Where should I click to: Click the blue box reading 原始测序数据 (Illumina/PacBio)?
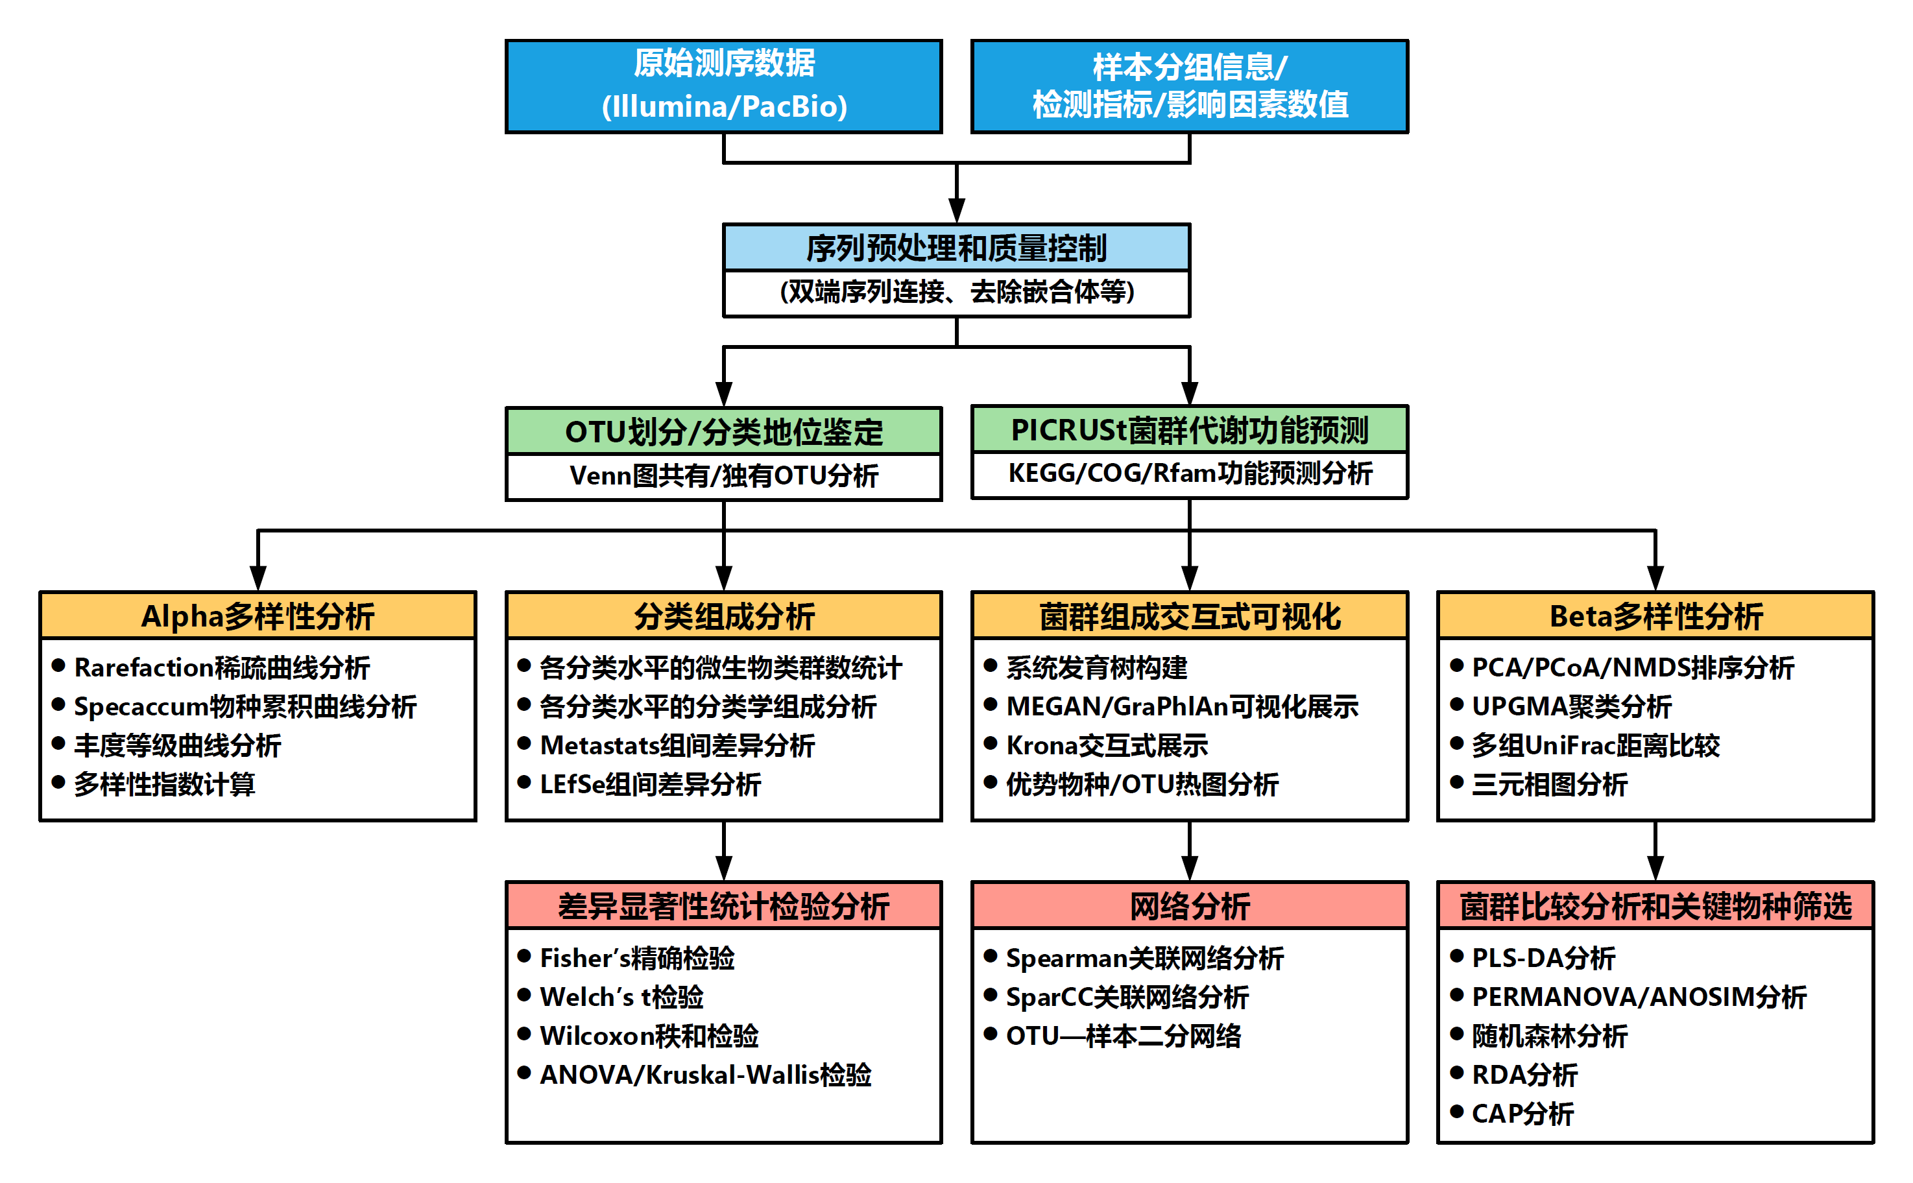click(x=724, y=86)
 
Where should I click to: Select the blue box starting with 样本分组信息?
click(x=1189, y=86)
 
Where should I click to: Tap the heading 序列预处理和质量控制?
click(x=956, y=248)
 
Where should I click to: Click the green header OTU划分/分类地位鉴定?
click(x=724, y=431)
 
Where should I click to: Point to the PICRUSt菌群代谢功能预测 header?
click(x=1189, y=429)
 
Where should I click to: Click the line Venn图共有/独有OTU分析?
click(x=724, y=475)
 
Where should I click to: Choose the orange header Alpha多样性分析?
click(x=258, y=615)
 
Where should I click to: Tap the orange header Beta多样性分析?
click(x=1655, y=615)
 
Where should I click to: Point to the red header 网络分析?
click(x=1189, y=906)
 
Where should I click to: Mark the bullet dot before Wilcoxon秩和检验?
click(x=524, y=1034)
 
